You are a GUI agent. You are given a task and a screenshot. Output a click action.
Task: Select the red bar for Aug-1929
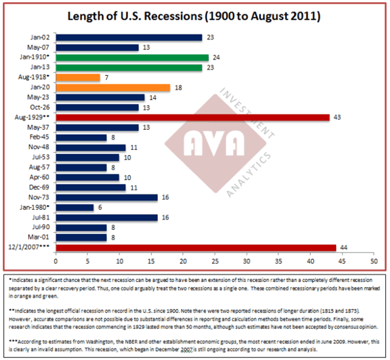click(x=192, y=117)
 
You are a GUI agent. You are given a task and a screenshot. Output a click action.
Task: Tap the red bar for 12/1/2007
click(x=196, y=248)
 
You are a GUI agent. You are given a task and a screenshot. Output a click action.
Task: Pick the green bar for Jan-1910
click(x=132, y=58)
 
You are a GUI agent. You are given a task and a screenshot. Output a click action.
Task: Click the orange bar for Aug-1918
click(x=78, y=77)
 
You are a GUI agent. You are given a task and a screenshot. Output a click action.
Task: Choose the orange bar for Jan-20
click(x=113, y=87)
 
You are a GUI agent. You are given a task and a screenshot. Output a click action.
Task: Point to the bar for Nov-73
click(x=106, y=197)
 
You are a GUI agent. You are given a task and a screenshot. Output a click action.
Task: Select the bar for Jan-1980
click(x=74, y=208)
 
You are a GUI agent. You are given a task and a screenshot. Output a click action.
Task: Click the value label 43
click(x=338, y=117)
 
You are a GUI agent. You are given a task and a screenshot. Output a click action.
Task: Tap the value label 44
click(x=344, y=248)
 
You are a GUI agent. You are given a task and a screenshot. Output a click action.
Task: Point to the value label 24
click(x=217, y=58)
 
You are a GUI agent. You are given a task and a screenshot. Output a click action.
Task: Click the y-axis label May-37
click(x=42, y=128)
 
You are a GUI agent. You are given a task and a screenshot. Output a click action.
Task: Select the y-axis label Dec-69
click(x=42, y=187)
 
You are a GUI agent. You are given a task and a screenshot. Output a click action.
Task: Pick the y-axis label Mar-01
click(x=42, y=237)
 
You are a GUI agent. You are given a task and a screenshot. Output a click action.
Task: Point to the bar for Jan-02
click(x=129, y=38)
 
